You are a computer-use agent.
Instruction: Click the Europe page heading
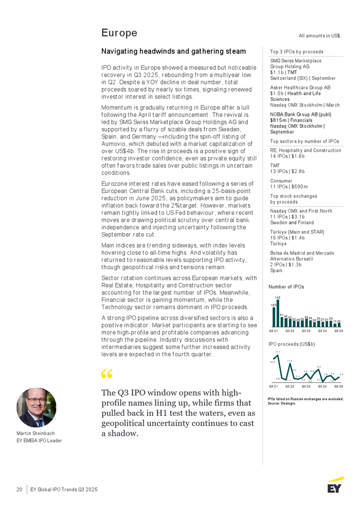[119, 33]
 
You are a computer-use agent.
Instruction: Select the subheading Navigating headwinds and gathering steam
[173, 51]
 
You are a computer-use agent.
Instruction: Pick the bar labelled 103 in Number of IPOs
[274, 314]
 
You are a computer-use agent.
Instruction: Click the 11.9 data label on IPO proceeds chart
[290, 361]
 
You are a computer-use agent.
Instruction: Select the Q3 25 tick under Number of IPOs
[338, 331]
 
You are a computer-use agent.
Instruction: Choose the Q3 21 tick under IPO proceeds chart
[273, 386]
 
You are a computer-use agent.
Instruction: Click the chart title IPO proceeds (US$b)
[292, 343]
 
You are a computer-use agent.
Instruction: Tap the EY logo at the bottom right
[335, 485]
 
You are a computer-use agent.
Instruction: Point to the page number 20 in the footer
[19, 489]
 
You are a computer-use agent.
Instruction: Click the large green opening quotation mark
[107, 374]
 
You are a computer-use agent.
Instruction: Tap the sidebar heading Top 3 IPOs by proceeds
[297, 52]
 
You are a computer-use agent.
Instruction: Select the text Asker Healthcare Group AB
[300, 87]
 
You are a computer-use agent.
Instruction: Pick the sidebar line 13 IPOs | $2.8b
[287, 171]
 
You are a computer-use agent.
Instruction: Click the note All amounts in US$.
[320, 36]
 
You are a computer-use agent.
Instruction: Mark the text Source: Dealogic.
[282, 403]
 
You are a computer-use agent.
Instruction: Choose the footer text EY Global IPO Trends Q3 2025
[64, 489]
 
